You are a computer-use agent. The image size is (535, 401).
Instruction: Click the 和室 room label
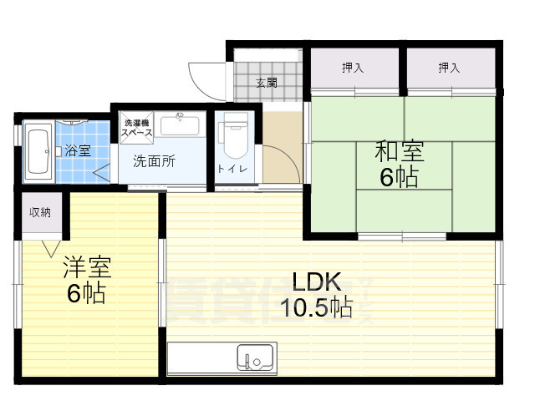pyautogui.click(x=399, y=152)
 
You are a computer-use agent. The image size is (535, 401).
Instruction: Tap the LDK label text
pyautogui.click(x=317, y=282)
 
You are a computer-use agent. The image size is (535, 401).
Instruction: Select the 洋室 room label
pyautogui.click(x=87, y=268)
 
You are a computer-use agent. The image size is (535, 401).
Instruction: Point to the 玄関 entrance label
pyautogui.click(x=267, y=83)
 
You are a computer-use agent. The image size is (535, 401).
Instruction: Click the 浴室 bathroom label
pyautogui.click(x=78, y=151)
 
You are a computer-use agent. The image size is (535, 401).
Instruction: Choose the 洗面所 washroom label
pyautogui.click(x=155, y=162)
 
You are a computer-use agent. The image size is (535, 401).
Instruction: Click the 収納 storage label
pyautogui.click(x=40, y=212)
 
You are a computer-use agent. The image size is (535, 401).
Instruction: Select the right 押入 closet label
pyautogui.click(x=449, y=68)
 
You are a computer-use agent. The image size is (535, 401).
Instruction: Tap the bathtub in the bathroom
pyautogui.click(x=38, y=150)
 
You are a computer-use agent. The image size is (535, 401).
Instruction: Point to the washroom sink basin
pyautogui.click(x=179, y=125)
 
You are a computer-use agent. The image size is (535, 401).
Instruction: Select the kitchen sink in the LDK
pyautogui.click(x=253, y=357)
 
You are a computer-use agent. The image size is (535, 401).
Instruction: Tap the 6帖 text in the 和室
pyautogui.click(x=397, y=177)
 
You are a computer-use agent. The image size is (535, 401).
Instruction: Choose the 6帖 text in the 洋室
pyautogui.click(x=86, y=294)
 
